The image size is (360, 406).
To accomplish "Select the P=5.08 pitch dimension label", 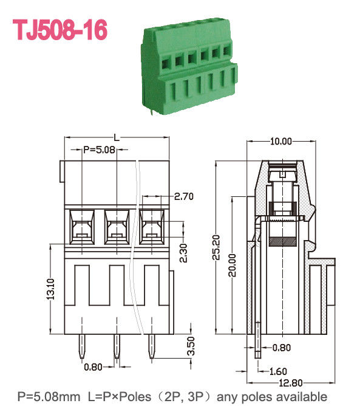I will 98,149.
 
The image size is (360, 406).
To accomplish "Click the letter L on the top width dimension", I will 116,139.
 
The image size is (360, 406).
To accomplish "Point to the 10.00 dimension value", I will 280,141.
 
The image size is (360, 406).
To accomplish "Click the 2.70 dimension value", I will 183,196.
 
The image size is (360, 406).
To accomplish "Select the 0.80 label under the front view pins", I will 93,366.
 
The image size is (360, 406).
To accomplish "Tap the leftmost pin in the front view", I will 81,346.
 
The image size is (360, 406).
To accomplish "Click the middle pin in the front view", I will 115,346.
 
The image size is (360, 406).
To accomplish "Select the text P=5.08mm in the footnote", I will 49,397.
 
